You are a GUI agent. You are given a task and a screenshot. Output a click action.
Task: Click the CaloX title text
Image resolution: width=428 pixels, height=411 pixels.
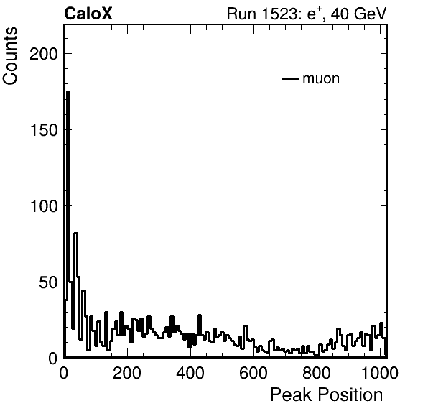point(88,14)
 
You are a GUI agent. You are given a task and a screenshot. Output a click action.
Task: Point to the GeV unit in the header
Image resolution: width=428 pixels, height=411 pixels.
point(371,14)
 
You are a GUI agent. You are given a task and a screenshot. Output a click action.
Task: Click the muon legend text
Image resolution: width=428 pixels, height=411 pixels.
point(321,78)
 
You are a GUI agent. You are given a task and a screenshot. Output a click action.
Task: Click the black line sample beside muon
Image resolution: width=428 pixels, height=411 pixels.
point(290,79)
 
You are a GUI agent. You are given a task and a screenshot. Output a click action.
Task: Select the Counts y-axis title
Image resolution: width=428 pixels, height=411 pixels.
point(10,56)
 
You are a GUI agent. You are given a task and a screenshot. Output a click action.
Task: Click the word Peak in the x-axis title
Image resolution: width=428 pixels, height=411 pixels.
point(291,394)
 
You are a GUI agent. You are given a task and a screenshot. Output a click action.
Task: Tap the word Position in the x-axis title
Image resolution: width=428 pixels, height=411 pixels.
point(350,394)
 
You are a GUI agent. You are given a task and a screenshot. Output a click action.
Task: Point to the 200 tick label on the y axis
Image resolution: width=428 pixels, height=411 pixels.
point(44,54)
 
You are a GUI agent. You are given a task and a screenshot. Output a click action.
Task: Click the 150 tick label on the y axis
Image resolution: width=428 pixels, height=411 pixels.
point(44,130)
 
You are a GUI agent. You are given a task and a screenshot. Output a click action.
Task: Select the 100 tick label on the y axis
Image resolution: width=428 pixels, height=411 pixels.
point(44,206)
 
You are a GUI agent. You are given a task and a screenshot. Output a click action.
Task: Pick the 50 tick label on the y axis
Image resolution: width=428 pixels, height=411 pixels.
point(49,282)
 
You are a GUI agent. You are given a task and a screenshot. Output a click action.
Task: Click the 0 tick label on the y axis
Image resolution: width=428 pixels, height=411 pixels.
point(53,359)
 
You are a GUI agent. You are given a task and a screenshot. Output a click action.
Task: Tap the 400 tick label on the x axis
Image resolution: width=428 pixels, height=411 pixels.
point(190,373)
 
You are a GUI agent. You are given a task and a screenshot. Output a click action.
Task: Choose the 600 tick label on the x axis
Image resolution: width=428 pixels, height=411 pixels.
point(253,373)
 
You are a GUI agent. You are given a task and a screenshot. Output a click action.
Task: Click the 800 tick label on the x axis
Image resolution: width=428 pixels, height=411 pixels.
point(317,373)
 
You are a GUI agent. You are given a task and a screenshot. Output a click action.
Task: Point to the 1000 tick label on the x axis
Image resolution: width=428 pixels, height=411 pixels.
point(380,373)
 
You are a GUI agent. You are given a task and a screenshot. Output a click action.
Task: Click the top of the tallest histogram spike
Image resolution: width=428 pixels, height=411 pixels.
point(68,92)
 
